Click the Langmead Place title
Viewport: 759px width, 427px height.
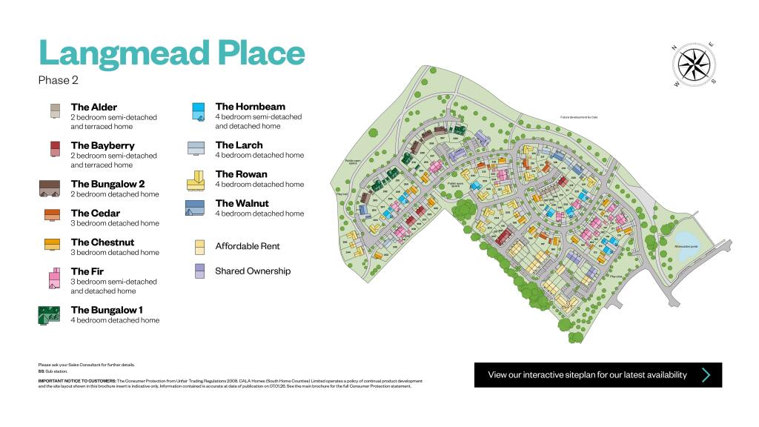click(171, 53)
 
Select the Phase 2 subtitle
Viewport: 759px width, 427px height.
click(59, 80)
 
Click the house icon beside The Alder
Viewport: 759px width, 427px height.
click(54, 111)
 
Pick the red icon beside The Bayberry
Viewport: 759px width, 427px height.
click(54, 149)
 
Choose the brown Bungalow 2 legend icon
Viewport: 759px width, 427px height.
click(49, 188)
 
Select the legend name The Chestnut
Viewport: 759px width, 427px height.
click(102, 242)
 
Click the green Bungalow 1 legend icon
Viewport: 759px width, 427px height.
click(49, 315)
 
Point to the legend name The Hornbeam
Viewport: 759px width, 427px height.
click(250, 107)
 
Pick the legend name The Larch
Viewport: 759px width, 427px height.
click(239, 145)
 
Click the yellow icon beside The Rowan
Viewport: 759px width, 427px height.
click(196, 179)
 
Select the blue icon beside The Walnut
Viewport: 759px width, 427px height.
click(195, 208)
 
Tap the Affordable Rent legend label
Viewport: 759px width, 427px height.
click(248, 246)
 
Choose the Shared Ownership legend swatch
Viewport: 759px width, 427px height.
click(199, 271)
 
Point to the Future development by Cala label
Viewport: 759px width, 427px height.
click(578, 117)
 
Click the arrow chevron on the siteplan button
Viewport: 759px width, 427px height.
click(706, 375)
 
